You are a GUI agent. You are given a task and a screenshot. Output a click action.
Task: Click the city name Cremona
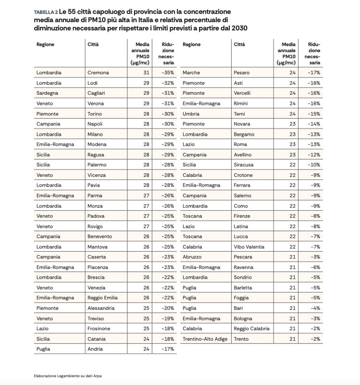98,73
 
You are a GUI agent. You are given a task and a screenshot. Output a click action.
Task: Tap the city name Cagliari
98,93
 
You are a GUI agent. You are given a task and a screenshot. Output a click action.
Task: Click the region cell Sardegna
48,93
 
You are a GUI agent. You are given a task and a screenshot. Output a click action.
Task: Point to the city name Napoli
96,124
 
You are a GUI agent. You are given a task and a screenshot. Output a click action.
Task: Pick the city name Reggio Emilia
102,298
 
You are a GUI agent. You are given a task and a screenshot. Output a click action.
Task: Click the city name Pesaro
242,73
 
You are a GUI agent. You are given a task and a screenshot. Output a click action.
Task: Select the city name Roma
240,144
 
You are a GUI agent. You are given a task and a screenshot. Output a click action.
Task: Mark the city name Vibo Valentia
249,247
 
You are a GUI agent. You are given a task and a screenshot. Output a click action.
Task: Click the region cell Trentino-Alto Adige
205,339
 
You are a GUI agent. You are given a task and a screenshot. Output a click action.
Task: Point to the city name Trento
241,339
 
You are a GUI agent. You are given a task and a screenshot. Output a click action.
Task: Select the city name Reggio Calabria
252,329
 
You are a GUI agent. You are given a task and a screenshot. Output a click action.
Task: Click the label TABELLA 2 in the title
46,12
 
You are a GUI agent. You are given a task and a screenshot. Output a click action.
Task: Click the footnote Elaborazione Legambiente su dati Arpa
67,376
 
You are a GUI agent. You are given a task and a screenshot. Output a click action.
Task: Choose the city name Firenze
242,216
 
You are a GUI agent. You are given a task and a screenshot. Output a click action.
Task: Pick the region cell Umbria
191,114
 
